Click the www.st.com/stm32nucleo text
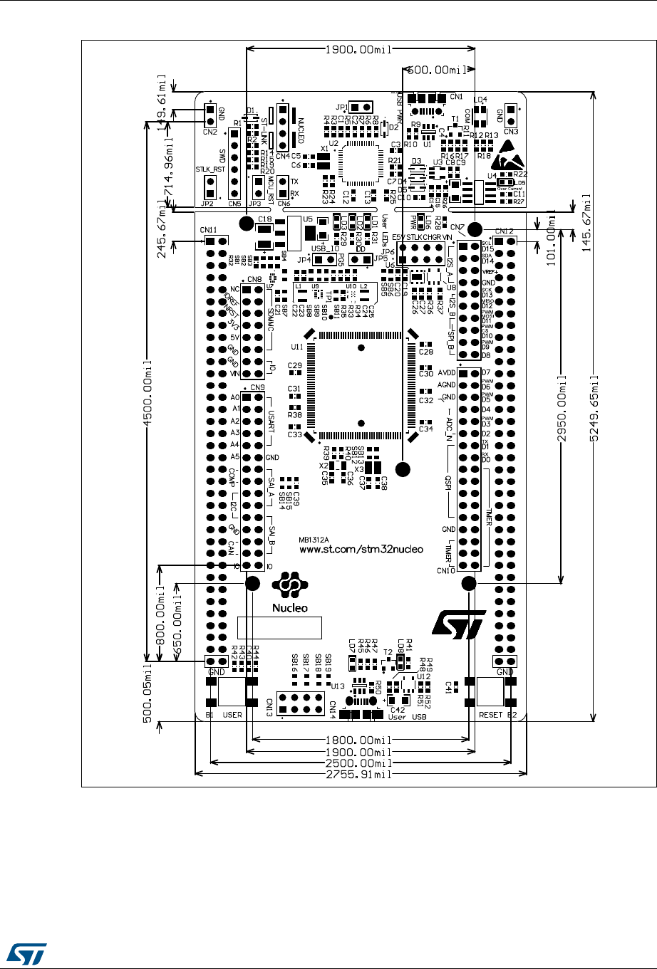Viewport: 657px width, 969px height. click(361, 549)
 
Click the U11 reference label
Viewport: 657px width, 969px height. click(298, 347)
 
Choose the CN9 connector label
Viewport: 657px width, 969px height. click(257, 388)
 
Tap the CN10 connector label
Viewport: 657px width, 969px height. click(446, 570)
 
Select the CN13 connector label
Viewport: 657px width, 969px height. click(270, 706)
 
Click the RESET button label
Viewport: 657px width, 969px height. click(490, 715)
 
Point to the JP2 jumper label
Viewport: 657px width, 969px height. click(207, 204)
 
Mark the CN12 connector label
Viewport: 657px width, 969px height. click(504, 231)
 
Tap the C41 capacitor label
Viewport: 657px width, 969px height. click(450, 686)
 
